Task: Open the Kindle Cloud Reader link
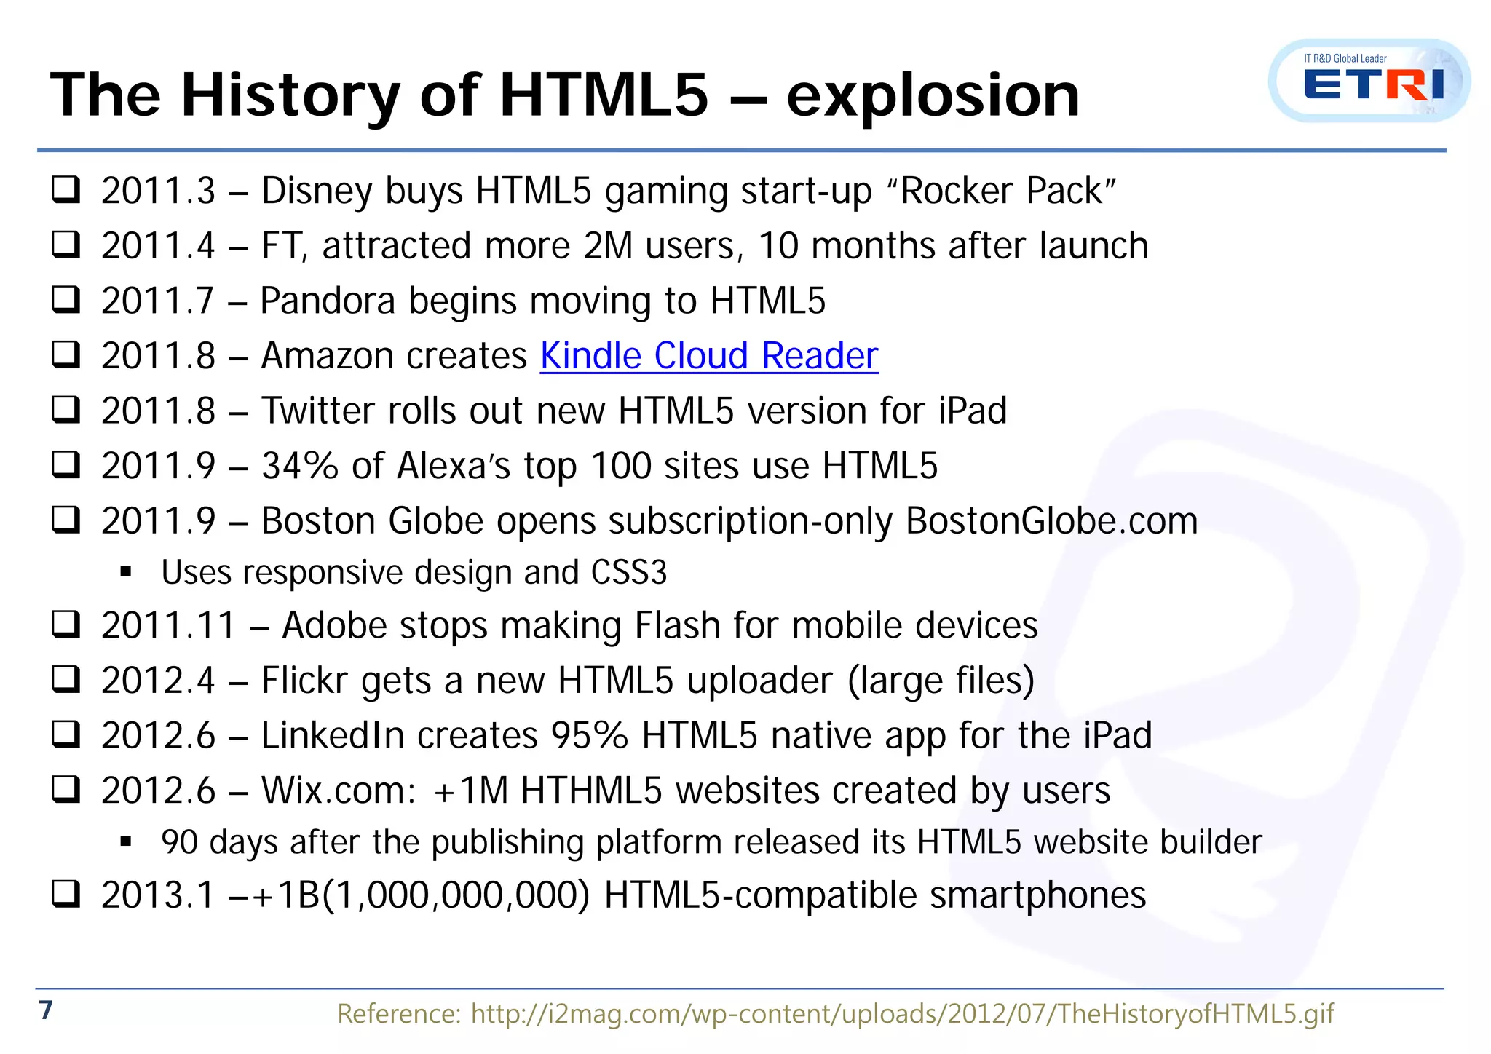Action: click(x=709, y=356)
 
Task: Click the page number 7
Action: click(x=46, y=1010)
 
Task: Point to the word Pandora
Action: click(x=328, y=301)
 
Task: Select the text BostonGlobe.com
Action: click(x=1051, y=521)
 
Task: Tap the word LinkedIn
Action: click(x=333, y=735)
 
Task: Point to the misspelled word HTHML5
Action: click(x=591, y=790)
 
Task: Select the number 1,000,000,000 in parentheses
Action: click(x=456, y=895)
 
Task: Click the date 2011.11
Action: click(x=168, y=625)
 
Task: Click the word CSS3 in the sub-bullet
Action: click(x=628, y=573)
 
